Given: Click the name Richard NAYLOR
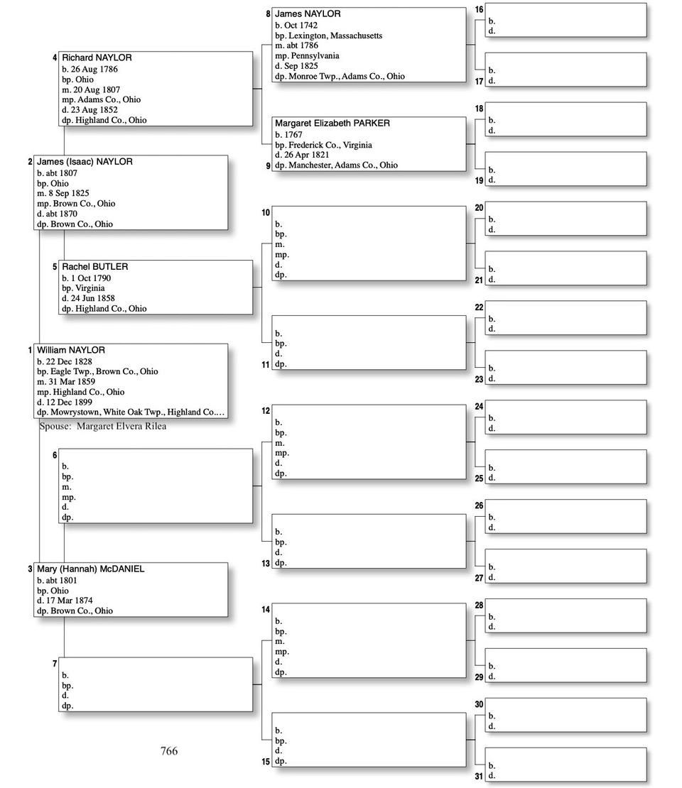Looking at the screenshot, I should tap(97, 58).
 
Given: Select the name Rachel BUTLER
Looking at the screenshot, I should tap(94, 267).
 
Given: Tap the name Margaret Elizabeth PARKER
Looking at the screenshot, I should tap(332, 124).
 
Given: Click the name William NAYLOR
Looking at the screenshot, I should tap(71, 350).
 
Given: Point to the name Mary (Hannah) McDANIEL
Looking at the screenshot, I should tap(90, 569).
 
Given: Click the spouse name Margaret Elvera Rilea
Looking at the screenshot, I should tap(121, 426).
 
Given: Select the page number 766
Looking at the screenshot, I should tap(169, 751).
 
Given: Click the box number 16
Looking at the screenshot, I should tap(479, 10).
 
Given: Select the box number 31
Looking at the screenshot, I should tap(479, 776).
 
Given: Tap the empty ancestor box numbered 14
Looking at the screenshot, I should tap(369, 640).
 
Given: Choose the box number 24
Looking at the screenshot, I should tap(479, 407).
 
